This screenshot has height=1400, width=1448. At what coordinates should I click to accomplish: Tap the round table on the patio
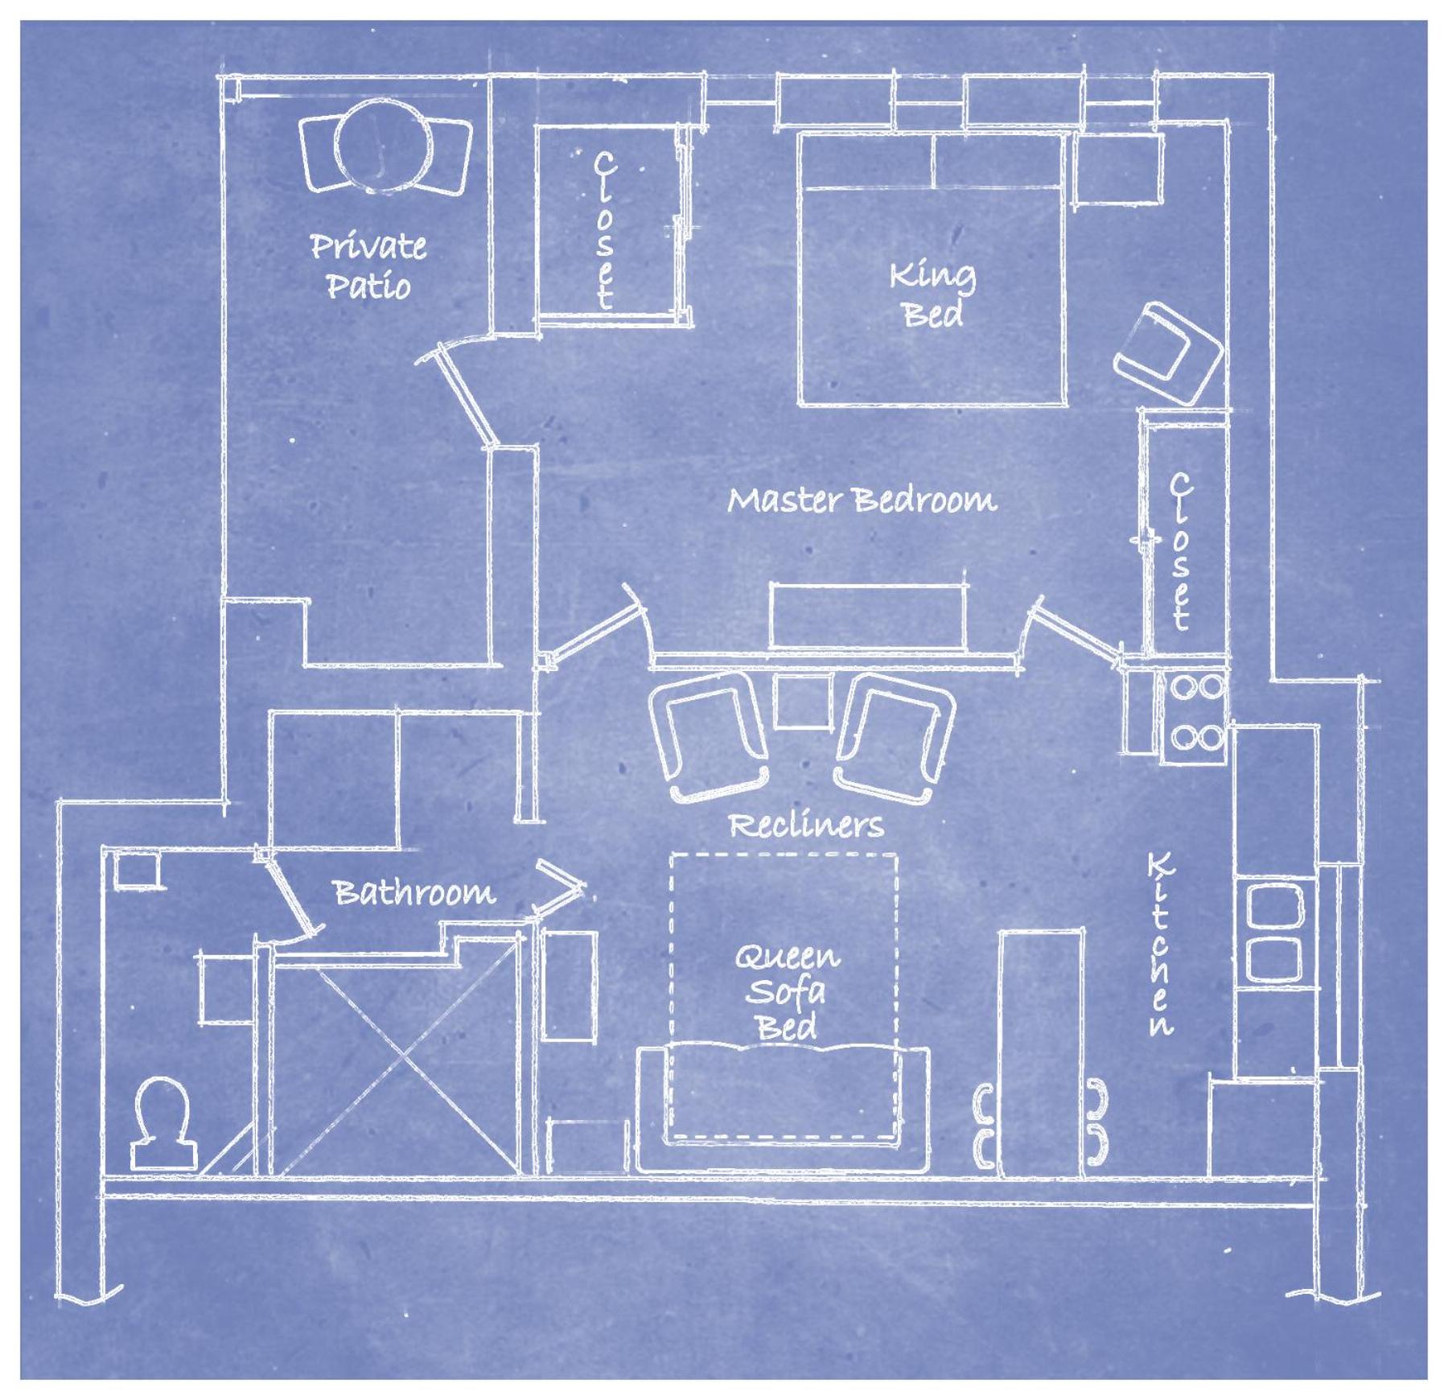[377, 146]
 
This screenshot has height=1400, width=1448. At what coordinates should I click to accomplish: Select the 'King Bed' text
[932, 294]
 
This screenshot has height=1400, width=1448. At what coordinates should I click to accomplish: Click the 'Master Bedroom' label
[862, 500]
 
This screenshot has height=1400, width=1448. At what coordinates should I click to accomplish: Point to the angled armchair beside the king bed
[1168, 354]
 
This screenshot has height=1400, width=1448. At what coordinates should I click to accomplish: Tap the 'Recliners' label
[805, 825]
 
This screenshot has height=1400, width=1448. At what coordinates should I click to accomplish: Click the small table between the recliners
[802, 701]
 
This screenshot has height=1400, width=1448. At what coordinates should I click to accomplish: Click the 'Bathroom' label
[414, 892]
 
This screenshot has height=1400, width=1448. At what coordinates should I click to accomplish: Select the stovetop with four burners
[1195, 712]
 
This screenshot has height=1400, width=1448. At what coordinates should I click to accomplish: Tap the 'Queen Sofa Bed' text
[786, 991]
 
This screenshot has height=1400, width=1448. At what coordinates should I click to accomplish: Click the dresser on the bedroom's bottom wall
[867, 616]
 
